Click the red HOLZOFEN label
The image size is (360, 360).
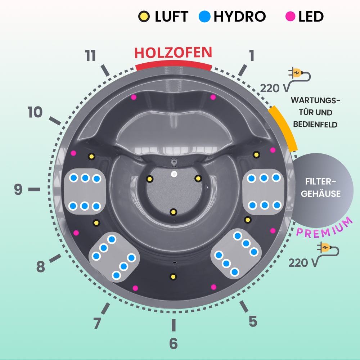click(x=173, y=53)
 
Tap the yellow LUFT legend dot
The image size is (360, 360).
click(x=144, y=16)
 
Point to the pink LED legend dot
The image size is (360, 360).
click(x=290, y=16)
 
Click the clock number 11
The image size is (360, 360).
click(x=91, y=56)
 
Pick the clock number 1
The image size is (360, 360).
click(x=251, y=56)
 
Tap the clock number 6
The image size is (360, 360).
click(x=173, y=343)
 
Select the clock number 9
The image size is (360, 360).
click(x=18, y=189)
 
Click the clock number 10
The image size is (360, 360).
click(x=35, y=113)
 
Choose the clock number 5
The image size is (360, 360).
click(x=253, y=321)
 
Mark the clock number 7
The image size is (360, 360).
click(x=97, y=323)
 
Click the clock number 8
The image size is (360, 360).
click(x=40, y=267)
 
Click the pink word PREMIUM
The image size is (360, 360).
click(x=324, y=228)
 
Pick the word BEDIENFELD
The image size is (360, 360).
click(x=315, y=125)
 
